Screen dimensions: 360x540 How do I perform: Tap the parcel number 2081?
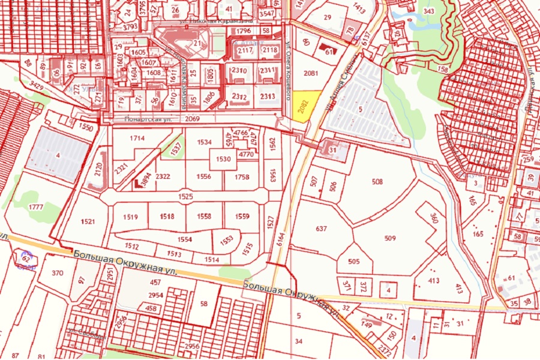point(311,73)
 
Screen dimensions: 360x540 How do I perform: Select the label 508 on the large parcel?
point(377,181)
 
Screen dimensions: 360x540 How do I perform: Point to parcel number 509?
point(390,238)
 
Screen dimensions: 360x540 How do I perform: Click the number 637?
point(321,229)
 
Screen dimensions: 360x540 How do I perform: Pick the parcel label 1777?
point(35,207)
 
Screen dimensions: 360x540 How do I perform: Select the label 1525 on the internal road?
point(185,196)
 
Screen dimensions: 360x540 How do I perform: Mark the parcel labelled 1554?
point(184,239)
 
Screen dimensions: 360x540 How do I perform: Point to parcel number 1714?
point(137,139)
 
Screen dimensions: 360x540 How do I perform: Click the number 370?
point(58,273)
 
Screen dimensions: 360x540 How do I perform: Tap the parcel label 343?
point(428,11)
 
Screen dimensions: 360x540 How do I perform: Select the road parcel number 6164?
point(280,241)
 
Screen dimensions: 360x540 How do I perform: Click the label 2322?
point(163,177)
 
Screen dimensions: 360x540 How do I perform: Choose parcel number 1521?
point(87,222)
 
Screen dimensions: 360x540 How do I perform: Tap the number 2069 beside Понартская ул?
point(192,119)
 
